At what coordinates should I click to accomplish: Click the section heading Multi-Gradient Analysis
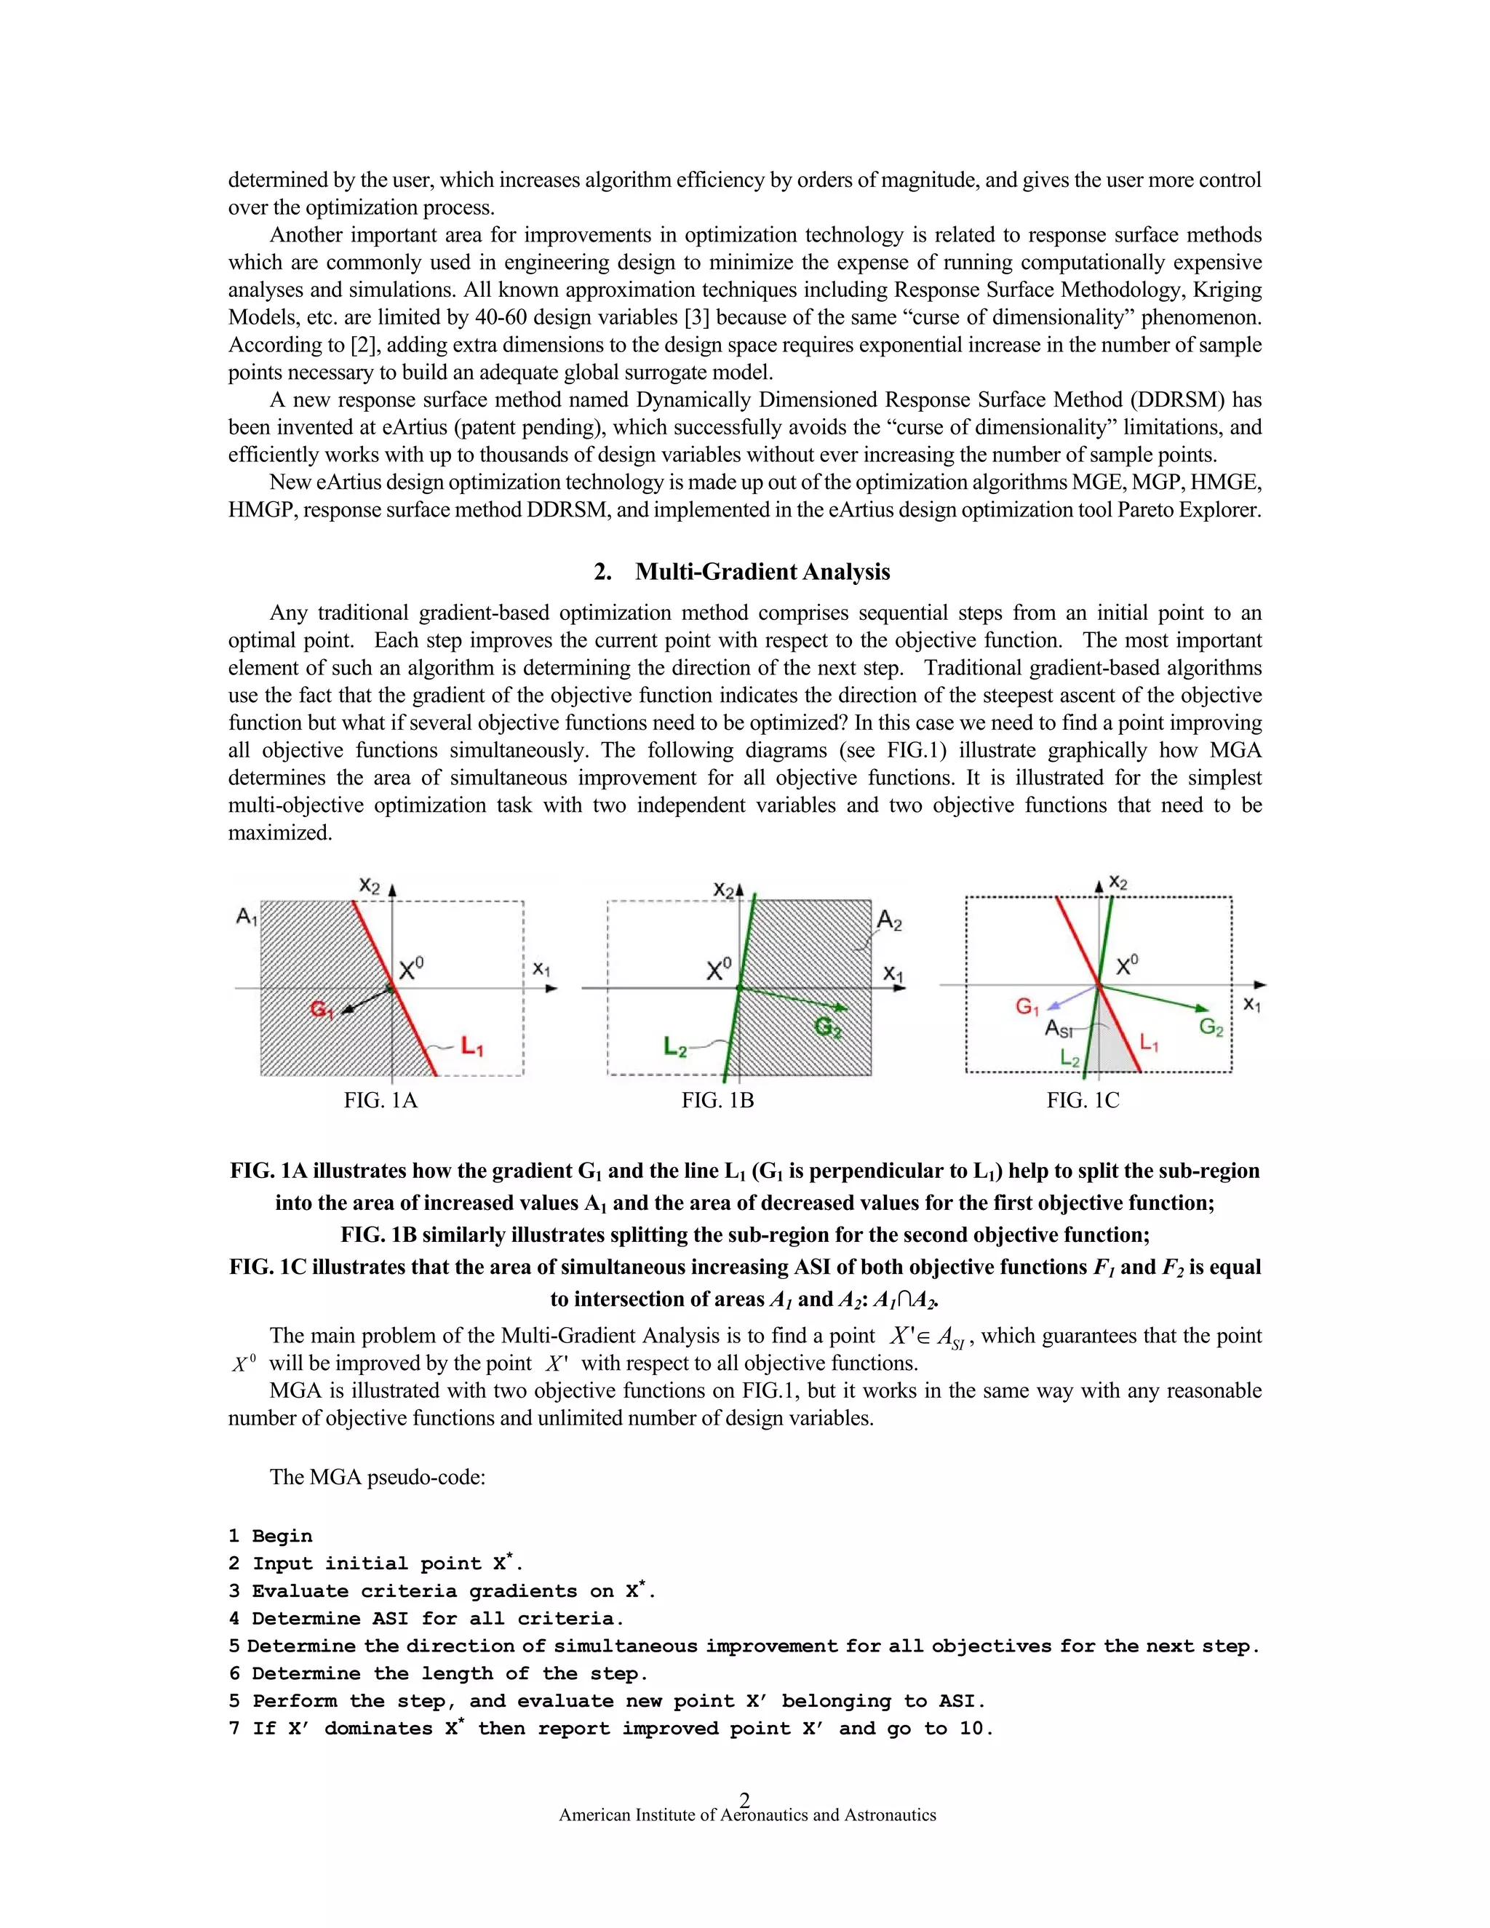click(x=762, y=572)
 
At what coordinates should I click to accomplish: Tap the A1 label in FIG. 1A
click(x=247, y=917)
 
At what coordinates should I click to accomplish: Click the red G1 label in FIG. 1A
click(x=322, y=1008)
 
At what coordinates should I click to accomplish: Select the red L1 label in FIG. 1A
click(x=471, y=1048)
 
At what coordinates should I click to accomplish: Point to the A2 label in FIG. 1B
click(x=889, y=922)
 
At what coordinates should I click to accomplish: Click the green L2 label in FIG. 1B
click(x=675, y=1048)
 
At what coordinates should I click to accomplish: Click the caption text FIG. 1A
click(x=381, y=1101)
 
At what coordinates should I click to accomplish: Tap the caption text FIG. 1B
click(x=717, y=1101)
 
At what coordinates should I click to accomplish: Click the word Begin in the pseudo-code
click(x=282, y=1537)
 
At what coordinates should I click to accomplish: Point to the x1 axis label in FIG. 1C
click(x=1251, y=1005)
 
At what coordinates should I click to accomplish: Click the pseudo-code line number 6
click(x=234, y=1674)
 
